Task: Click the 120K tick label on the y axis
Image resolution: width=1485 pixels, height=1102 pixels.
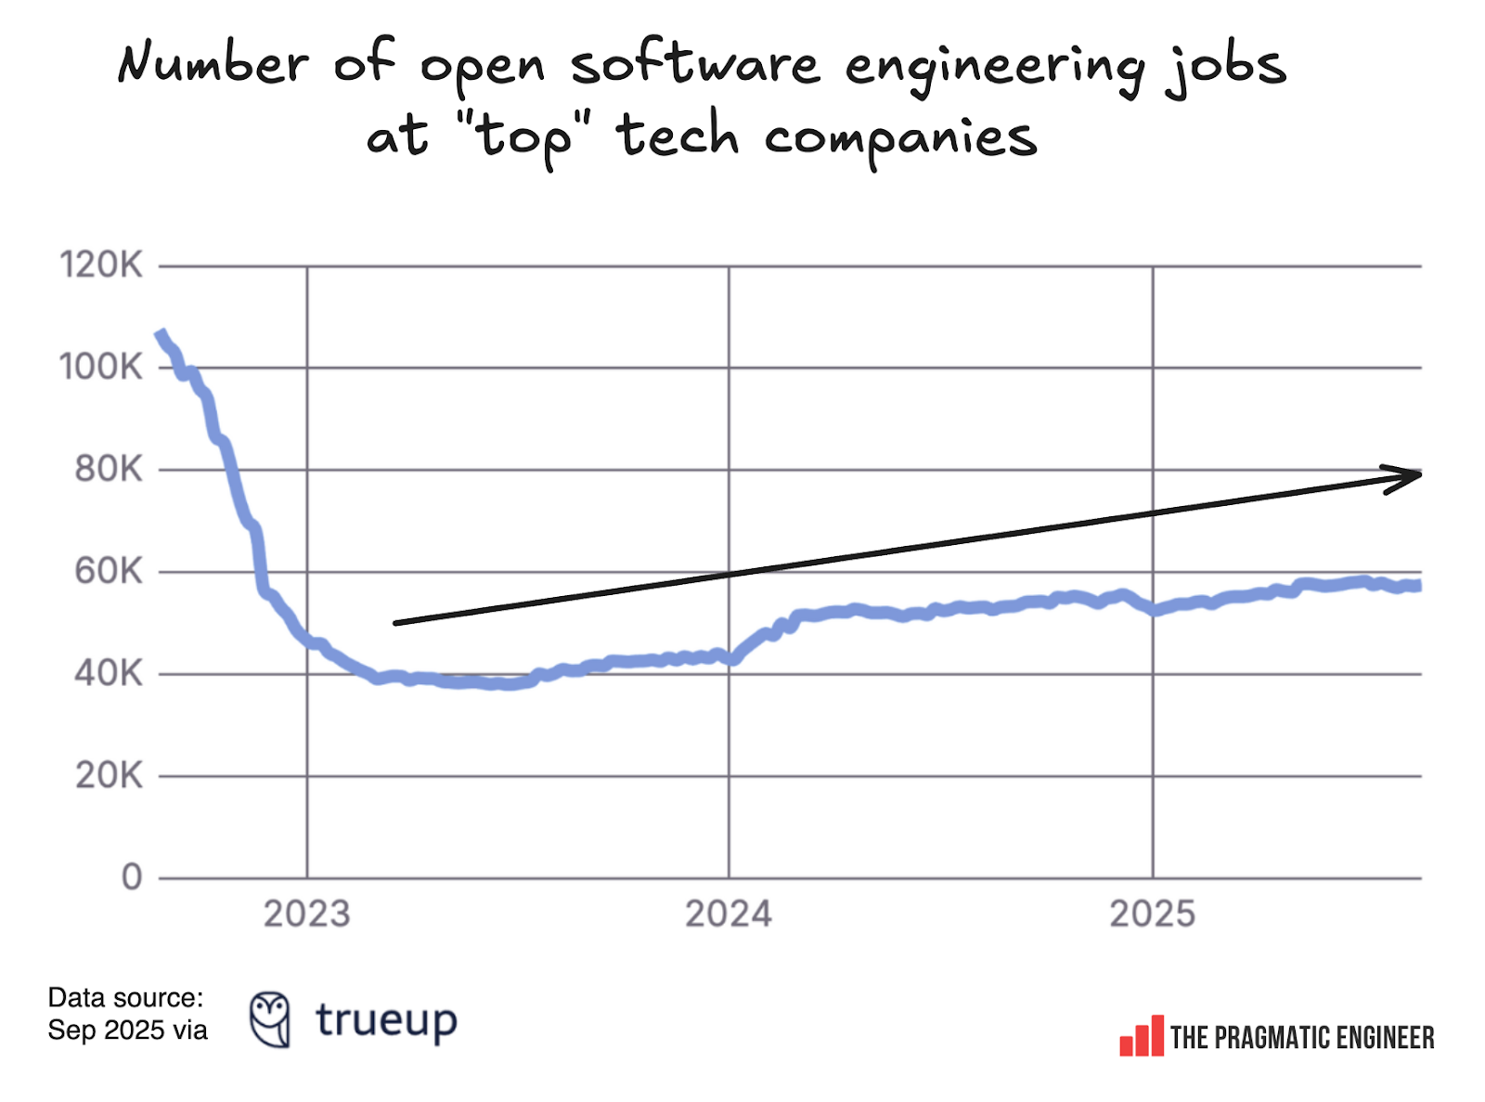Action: coord(101,266)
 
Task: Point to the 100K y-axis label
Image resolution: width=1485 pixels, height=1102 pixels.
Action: coord(101,368)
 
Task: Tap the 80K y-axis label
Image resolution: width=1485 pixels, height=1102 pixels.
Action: coord(109,470)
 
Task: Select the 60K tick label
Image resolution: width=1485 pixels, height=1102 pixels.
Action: coord(109,572)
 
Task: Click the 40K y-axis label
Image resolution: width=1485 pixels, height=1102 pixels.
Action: coord(109,674)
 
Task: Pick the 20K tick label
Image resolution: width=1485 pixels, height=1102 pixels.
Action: coord(109,775)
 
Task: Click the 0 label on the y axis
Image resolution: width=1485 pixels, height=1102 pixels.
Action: coord(132,877)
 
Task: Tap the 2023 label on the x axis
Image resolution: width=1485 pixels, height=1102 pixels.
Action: coord(306,914)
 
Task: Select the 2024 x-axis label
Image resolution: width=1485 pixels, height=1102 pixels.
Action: coord(729,914)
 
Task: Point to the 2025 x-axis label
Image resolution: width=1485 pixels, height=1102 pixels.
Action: coord(1153,914)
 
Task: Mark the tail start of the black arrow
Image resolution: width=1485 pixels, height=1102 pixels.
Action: coord(397,622)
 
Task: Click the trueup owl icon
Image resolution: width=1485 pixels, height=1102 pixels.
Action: coord(270,1019)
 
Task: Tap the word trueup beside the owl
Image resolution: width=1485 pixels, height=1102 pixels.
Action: coord(386,1020)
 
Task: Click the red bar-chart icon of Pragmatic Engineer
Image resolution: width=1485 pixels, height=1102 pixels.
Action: coord(1142,1037)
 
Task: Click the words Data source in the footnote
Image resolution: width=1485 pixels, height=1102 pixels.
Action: coord(125,998)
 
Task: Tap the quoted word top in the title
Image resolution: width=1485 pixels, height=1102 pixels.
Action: coord(523,137)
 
